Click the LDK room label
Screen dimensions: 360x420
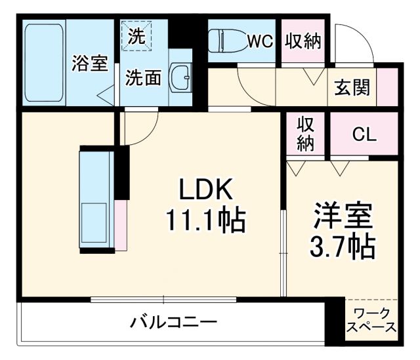click(207, 191)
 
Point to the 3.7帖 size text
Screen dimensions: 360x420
click(343, 247)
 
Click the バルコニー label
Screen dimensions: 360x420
click(173, 323)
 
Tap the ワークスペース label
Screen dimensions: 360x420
click(372, 320)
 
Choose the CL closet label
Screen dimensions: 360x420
click(364, 135)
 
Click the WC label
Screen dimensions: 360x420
click(259, 41)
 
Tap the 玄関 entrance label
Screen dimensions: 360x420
click(352, 87)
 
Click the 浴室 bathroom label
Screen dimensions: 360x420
click(90, 64)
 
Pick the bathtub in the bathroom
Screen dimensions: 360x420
click(44, 63)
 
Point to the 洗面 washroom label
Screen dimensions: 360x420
click(143, 78)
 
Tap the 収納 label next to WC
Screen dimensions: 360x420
click(303, 41)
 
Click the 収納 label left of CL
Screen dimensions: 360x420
click(305, 134)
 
